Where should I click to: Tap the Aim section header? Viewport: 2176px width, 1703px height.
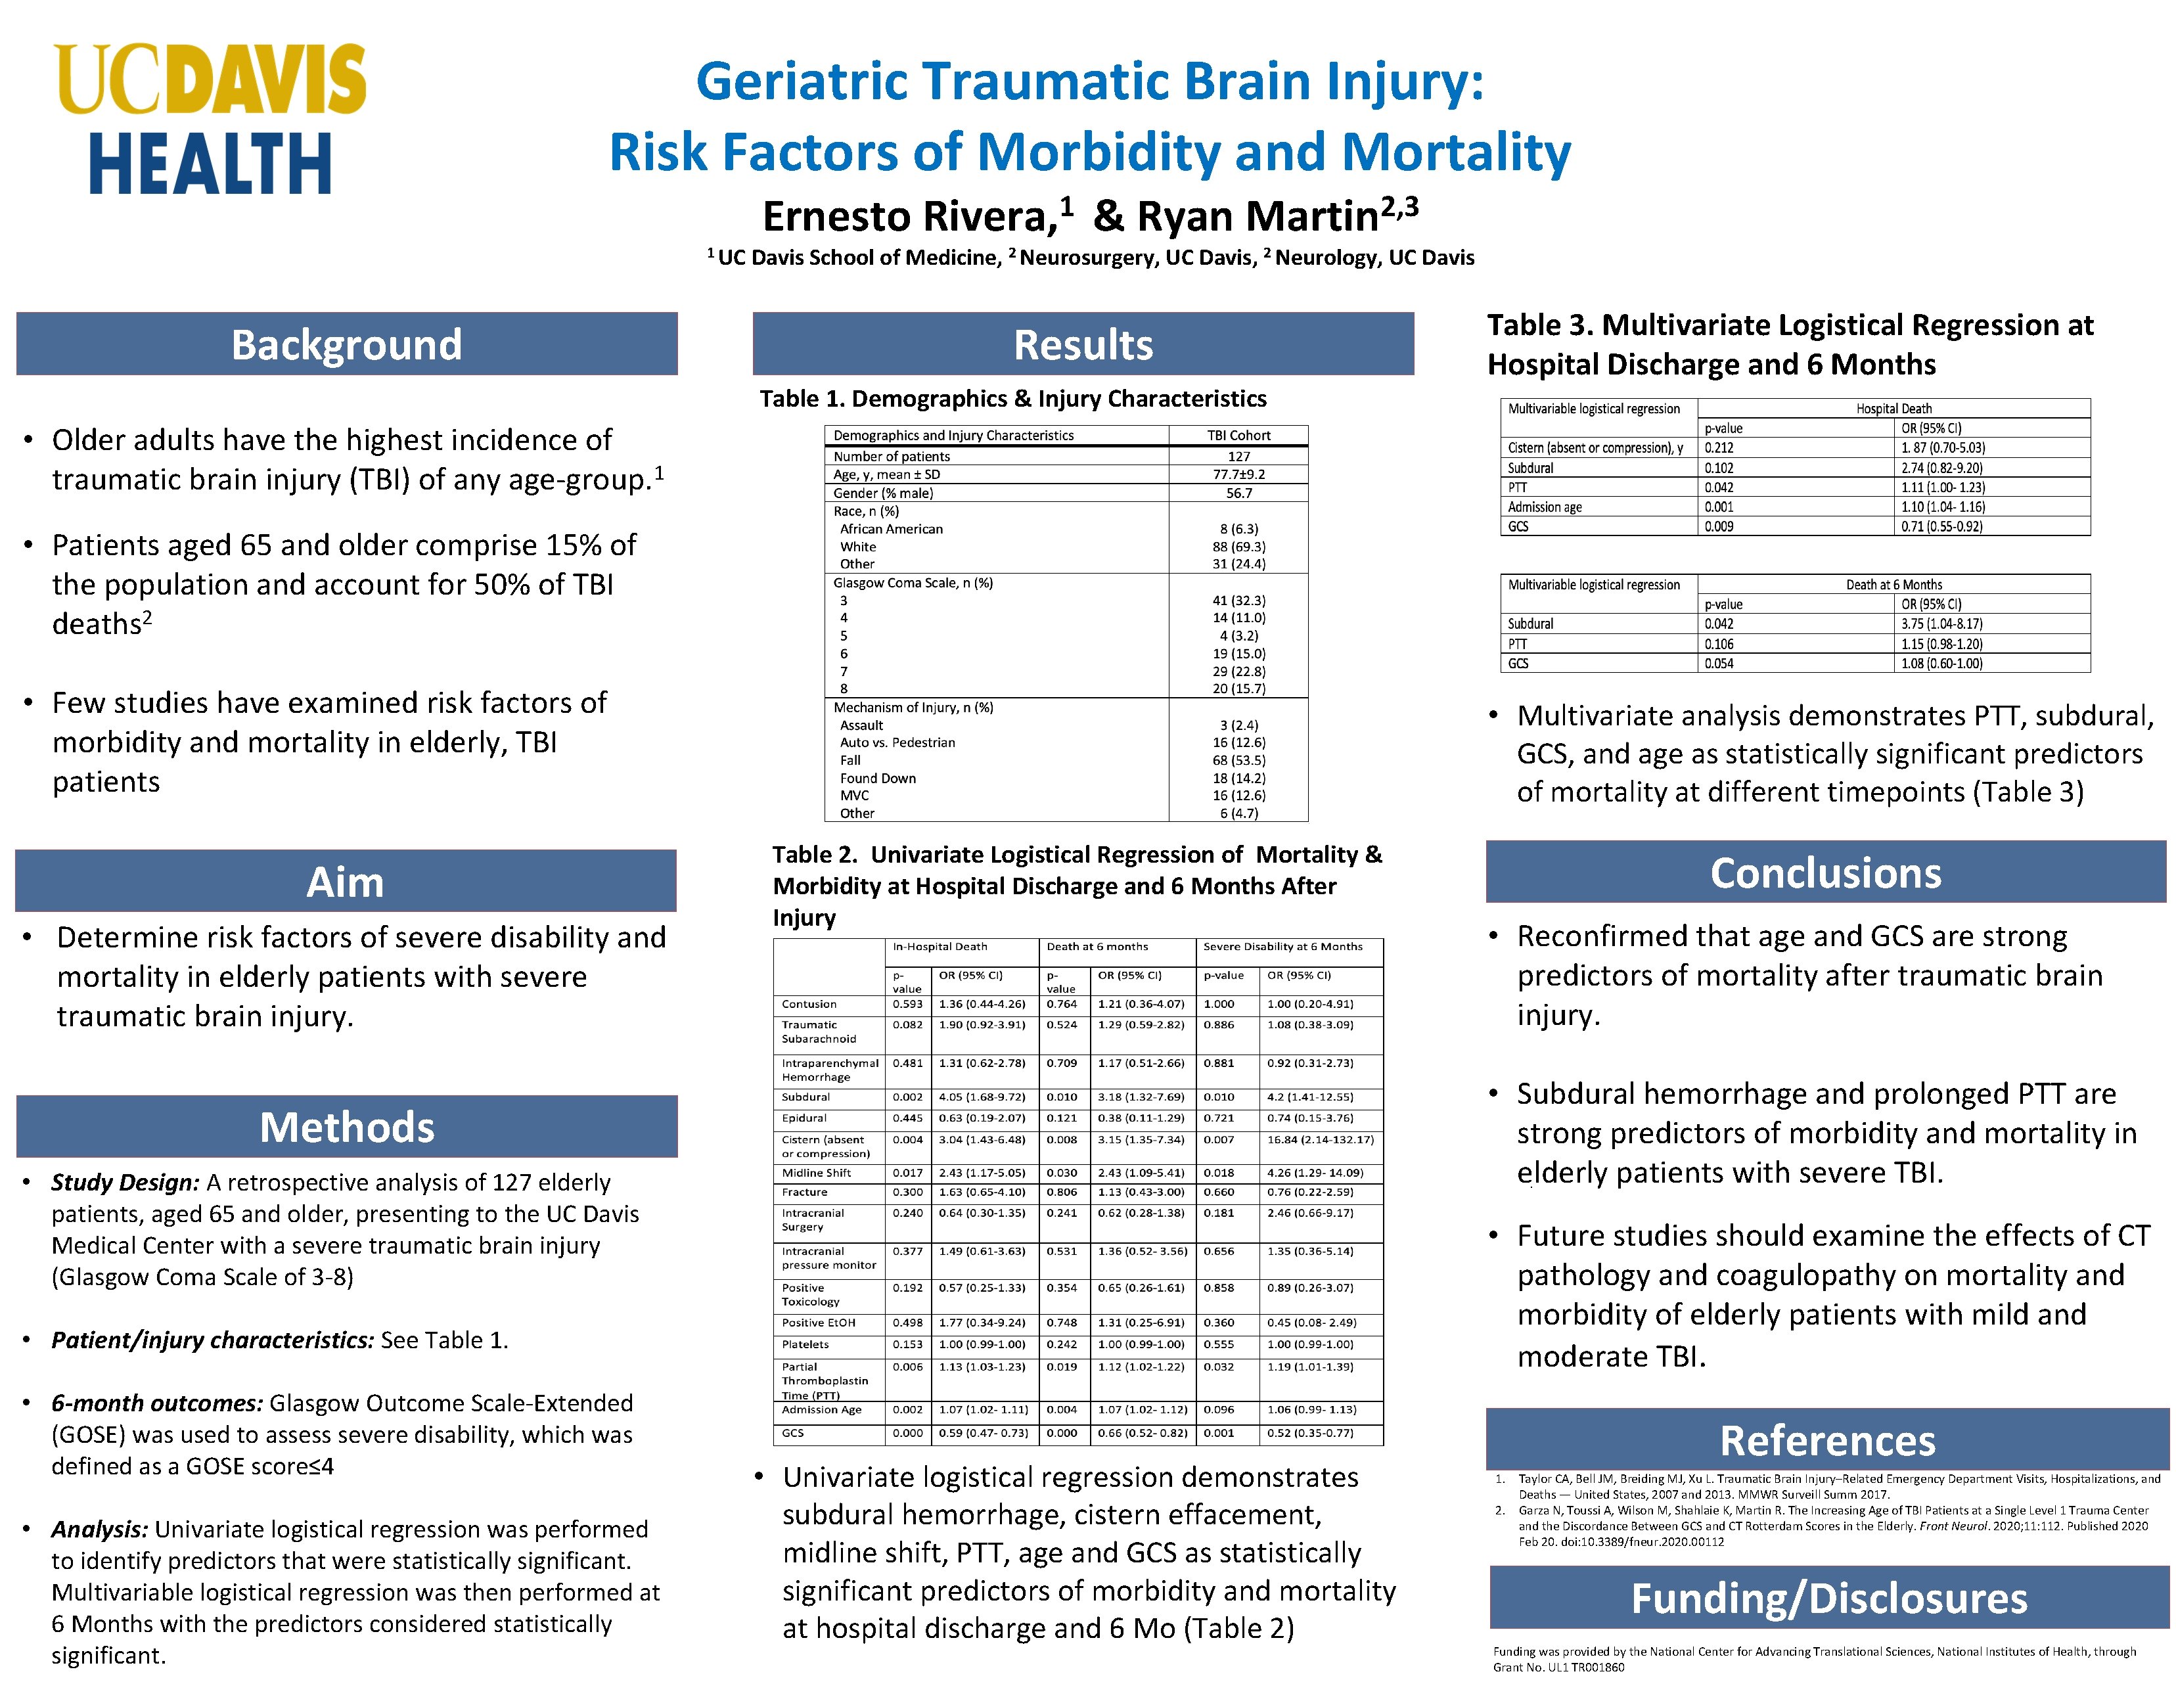(345, 882)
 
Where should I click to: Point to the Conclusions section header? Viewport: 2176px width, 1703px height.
(1825, 873)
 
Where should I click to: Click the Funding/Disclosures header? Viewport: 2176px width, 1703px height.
(1828, 1597)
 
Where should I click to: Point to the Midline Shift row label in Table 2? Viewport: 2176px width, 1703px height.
(817, 1173)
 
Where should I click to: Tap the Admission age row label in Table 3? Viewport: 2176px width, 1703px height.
(1545, 507)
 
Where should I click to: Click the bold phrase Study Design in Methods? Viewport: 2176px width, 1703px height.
(125, 1183)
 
